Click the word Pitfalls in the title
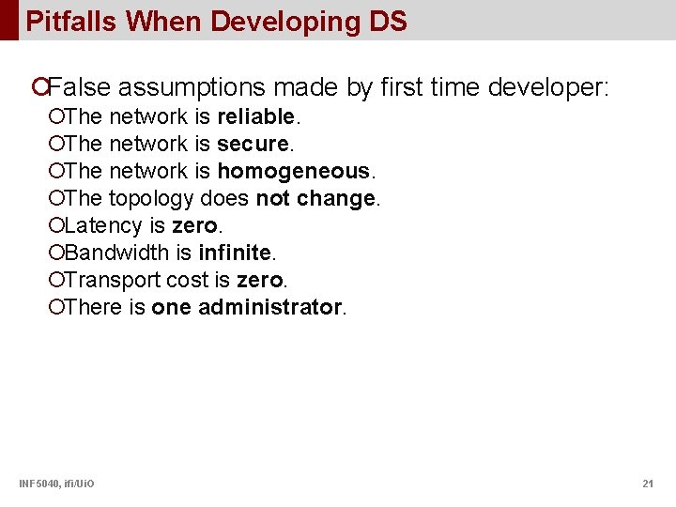tap(71, 22)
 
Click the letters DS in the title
tap(388, 22)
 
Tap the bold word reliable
tap(255, 117)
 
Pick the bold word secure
tap(253, 145)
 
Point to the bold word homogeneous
tap(294, 172)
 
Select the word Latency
tap(104, 226)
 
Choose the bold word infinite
tap(235, 253)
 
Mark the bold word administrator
tap(270, 308)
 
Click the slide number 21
tap(647, 484)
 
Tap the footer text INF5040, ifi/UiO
tap(56, 484)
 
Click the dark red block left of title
tap(8, 20)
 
